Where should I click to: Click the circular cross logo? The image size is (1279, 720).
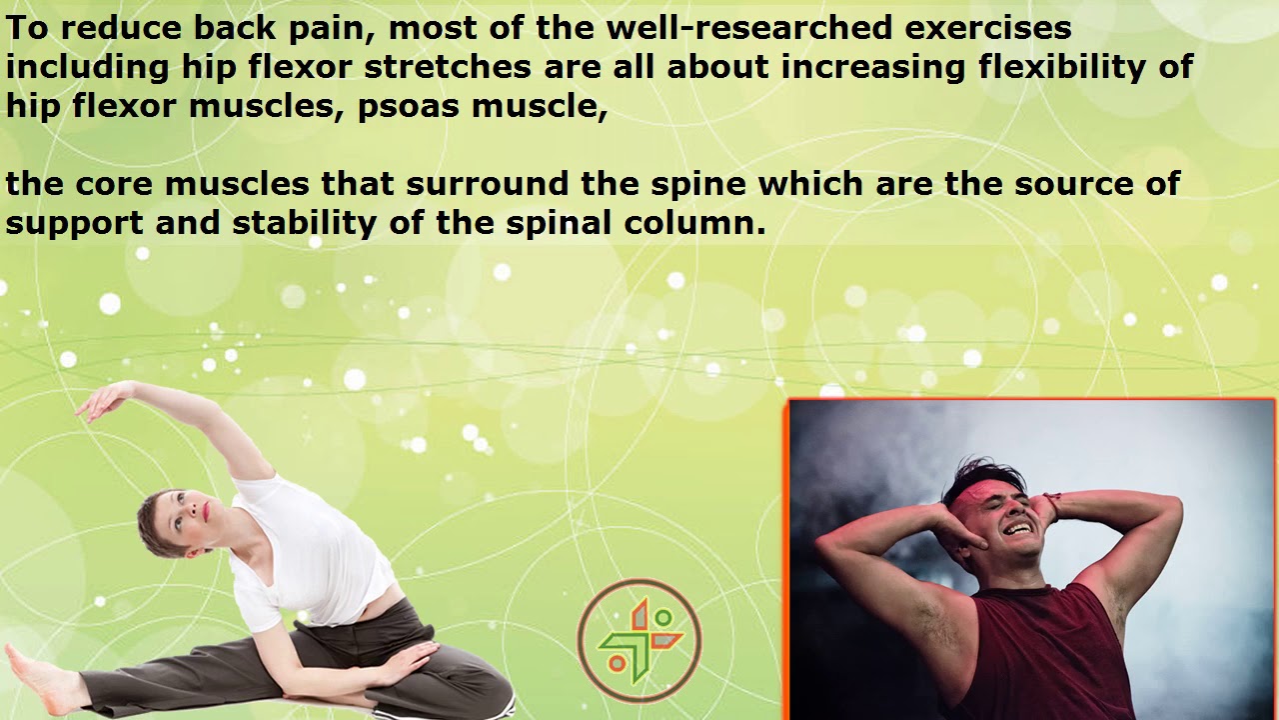(639, 640)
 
